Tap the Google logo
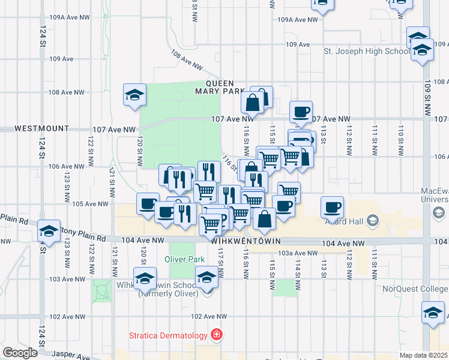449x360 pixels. pyautogui.click(x=20, y=353)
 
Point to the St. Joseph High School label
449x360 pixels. pyautogui.click(x=366, y=52)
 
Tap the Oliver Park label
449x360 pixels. pyautogui.click(x=185, y=260)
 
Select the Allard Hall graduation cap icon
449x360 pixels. pyautogui.click(x=373, y=221)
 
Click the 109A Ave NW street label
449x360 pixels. pyautogui.click(x=298, y=20)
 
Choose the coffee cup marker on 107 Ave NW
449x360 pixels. pyautogui.click(x=301, y=112)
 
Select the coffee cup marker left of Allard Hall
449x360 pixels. pyautogui.click(x=332, y=208)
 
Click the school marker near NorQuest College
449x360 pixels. pyautogui.click(x=433, y=313)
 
